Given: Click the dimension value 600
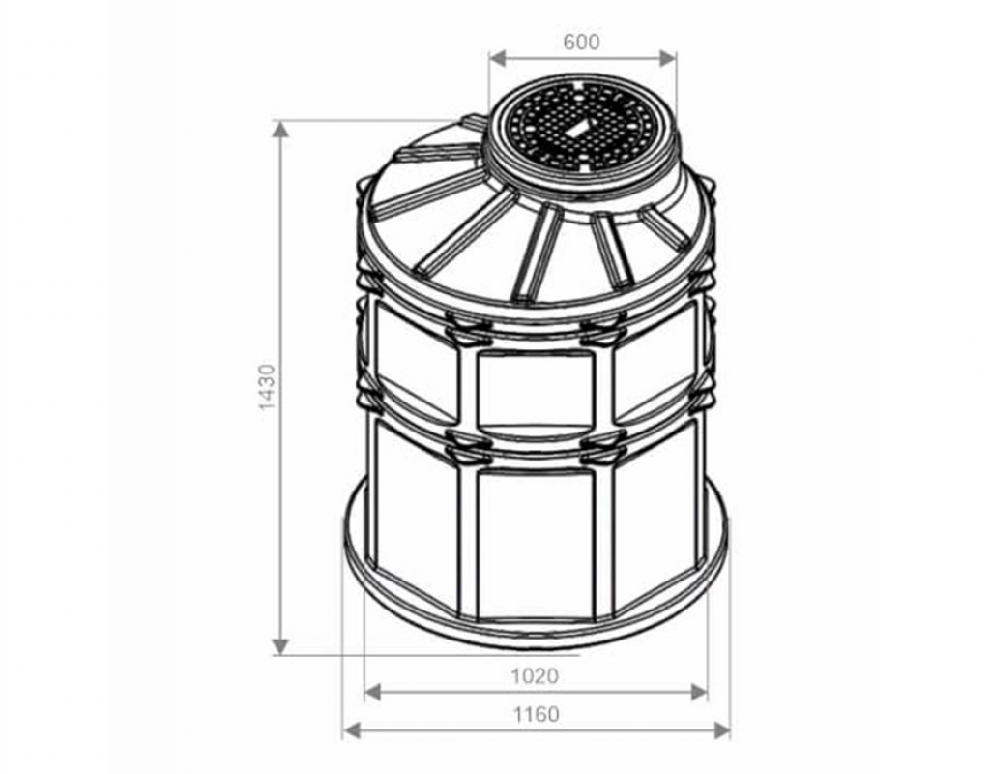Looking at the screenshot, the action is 581,43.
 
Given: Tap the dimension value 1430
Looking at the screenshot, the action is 268,387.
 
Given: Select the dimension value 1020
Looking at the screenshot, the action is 535,676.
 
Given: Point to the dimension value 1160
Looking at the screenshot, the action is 536,715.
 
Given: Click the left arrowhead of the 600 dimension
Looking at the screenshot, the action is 498,59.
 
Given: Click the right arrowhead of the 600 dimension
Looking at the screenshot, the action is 668,59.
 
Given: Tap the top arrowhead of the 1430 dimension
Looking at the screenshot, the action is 280,129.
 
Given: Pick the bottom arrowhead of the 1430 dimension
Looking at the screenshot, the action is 280,646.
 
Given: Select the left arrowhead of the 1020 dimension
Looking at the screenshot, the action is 373,693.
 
